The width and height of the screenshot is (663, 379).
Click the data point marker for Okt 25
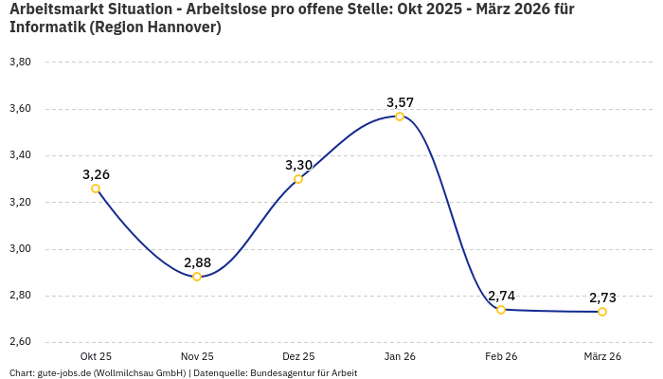96,189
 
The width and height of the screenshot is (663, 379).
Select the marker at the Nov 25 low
197,277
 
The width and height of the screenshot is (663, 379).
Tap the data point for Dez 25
298,179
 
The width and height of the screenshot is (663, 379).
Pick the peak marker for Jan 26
400,117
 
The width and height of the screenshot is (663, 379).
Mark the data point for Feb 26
501,310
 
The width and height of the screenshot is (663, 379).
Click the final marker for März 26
602,312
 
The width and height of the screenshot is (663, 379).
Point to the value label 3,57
400,102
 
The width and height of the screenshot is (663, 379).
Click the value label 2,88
197,262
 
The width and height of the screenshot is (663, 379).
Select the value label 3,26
96,174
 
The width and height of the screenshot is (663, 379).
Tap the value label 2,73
602,298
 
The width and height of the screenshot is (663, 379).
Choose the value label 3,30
298,165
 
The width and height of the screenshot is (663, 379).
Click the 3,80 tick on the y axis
20,63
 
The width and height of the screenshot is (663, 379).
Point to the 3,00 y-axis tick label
20,249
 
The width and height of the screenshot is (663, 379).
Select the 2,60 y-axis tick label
20,342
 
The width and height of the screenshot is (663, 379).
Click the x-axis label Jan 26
400,356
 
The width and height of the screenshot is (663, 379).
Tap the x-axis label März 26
602,356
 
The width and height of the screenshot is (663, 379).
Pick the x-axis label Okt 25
96,356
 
